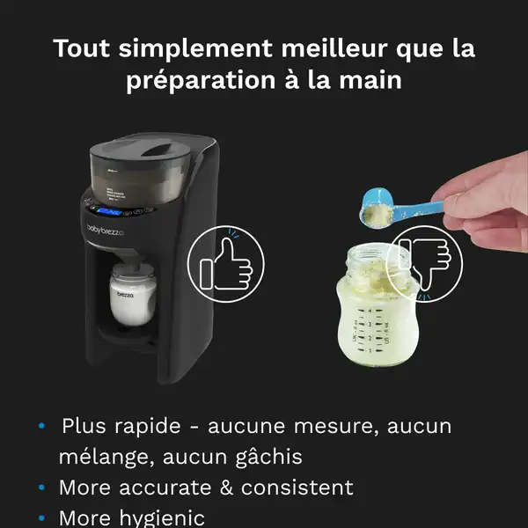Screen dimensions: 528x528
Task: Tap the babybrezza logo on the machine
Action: tap(106, 229)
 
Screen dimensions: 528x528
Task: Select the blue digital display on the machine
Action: tap(110, 212)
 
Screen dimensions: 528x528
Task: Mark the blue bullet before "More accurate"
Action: tap(41, 488)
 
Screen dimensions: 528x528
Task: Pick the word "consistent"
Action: tap(301, 488)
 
